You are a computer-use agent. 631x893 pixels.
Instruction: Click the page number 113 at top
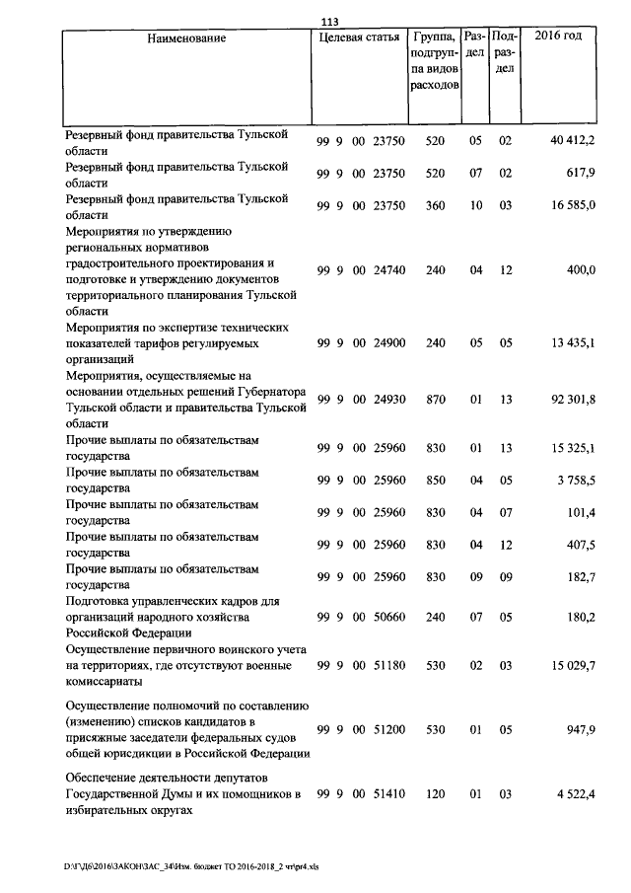point(329,24)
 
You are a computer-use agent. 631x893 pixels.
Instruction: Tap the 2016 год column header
point(557,37)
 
